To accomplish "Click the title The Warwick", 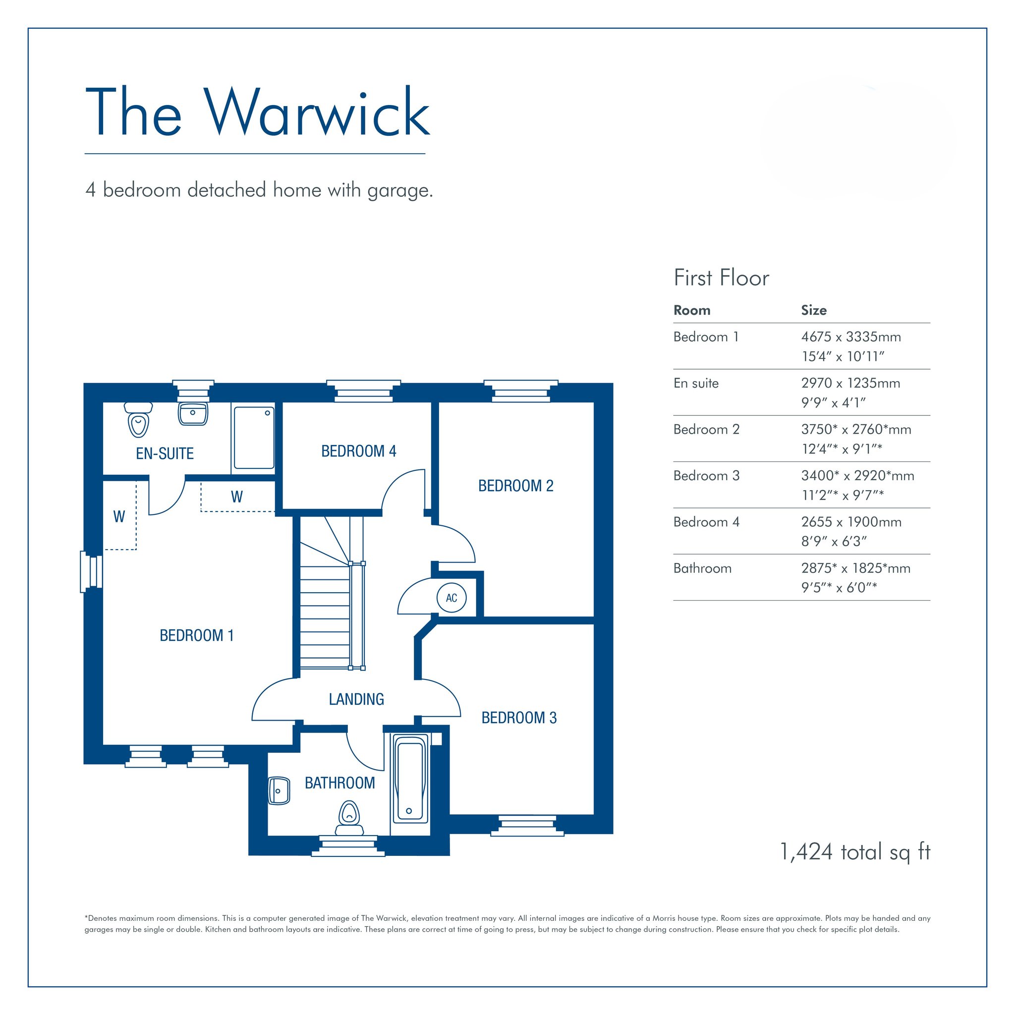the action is [257, 112].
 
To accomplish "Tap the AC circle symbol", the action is [451, 597].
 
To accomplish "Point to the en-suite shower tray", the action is [254, 438].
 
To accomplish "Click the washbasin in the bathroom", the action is [279, 790].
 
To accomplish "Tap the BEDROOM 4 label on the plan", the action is [359, 451].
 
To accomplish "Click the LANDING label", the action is [356, 699].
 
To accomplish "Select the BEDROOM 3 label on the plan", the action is [519, 717].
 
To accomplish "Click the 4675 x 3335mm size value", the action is [851, 337].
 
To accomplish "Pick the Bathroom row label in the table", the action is [702, 568].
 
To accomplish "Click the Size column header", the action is [814, 310].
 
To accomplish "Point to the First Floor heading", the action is [721, 278].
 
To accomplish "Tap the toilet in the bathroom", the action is [349, 817].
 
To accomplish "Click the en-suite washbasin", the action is [193, 413].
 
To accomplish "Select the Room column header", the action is [692, 310].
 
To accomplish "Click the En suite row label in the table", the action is [696, 383].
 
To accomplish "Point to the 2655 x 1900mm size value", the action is [851, 522].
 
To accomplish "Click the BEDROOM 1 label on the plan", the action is [196, 635].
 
